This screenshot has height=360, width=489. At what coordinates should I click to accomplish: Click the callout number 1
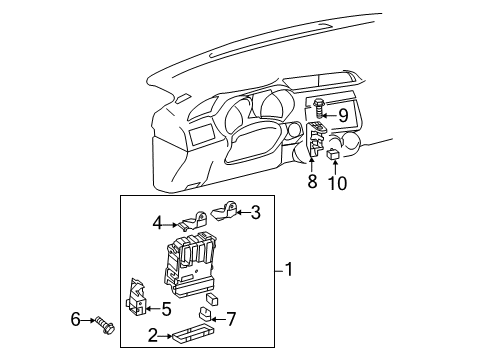[x=290, y=269]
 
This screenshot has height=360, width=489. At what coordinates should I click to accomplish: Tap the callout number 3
[x=255, y=211]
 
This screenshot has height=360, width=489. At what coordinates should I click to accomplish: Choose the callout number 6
[x=74, y=319]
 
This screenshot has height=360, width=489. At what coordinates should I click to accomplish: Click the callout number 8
[x=312, y=182]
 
